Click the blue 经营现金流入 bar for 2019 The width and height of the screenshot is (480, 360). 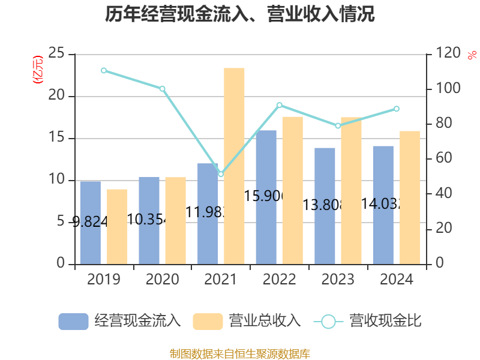90,222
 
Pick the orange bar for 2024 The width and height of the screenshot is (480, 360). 410,197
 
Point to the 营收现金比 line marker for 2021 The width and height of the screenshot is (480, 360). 221,174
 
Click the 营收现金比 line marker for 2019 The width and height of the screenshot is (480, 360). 104,70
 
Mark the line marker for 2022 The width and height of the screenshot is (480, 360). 280,105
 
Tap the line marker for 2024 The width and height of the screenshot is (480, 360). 397,109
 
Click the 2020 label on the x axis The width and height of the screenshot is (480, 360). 162,280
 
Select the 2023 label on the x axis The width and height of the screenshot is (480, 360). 338,280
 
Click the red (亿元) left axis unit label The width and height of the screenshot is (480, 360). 38,69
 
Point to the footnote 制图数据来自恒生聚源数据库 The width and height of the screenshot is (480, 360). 239,353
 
